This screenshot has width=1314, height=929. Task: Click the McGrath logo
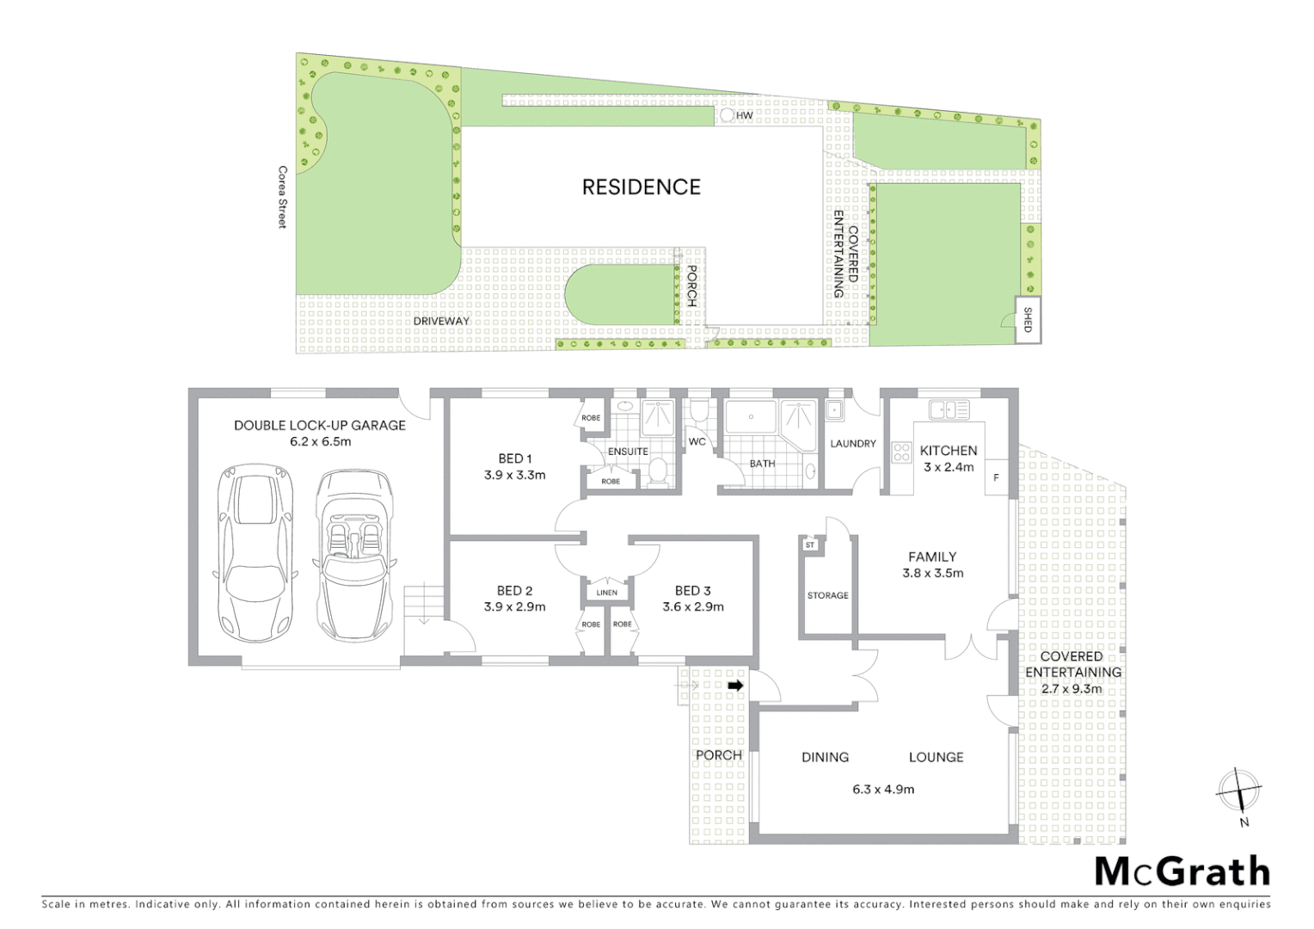tap(1182, 871)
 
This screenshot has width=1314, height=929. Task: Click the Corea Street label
tap(281, 197)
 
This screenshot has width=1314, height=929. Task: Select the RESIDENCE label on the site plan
tap(641, 188)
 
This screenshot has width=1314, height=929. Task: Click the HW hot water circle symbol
tap(727, 114)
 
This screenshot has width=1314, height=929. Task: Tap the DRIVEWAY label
tap(441, 321)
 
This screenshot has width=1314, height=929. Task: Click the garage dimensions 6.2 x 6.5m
tap(320, 441)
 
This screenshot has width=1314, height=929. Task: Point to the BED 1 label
tap(514, 458)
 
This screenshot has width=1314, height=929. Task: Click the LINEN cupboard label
tap(606, 593)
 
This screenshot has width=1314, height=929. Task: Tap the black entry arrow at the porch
tap(735, 685)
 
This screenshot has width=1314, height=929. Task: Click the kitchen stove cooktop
tap(901, 452)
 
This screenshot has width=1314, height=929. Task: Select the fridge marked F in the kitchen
tap(996, 477)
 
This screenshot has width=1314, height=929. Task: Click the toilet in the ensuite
tap(658, 471)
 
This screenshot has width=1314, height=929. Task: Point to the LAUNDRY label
tap(852, 444)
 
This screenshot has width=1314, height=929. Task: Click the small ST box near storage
tap(809, 544)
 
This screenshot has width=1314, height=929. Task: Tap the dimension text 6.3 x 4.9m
tap(883, 789)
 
